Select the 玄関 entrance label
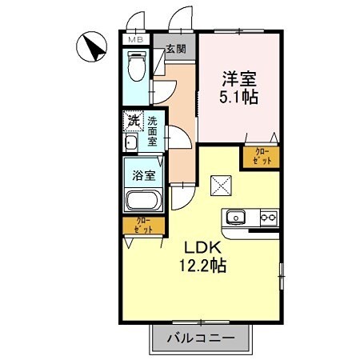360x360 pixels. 175,49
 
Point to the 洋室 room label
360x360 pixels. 238,78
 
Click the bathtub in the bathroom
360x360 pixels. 142,201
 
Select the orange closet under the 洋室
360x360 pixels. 262,157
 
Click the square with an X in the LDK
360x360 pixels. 222,185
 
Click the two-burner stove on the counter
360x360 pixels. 268,217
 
